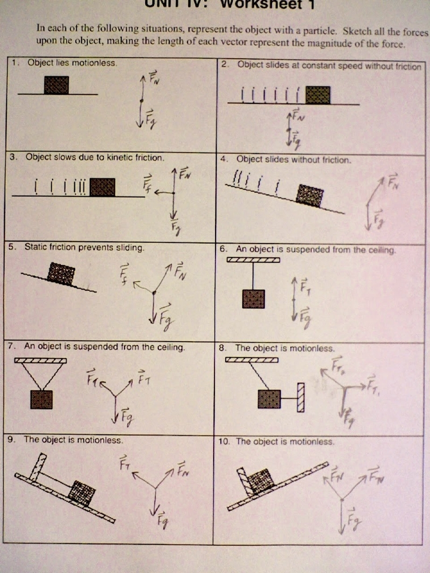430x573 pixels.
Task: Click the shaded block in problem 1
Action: (x=56, y=85)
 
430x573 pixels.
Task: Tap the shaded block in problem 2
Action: (x=318, y=95)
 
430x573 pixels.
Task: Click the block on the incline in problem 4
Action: (x=310, y=195)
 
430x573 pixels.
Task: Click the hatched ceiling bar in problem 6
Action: (x=253, y=260)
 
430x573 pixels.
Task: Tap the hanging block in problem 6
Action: (x=253, y=299)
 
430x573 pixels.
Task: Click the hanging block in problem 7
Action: (x=42, y=400)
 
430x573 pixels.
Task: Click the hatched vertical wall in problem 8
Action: (x=301, y=398)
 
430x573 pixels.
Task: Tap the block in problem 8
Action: (x=269, y=399)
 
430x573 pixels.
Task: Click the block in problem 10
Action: (x=262, y=481)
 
